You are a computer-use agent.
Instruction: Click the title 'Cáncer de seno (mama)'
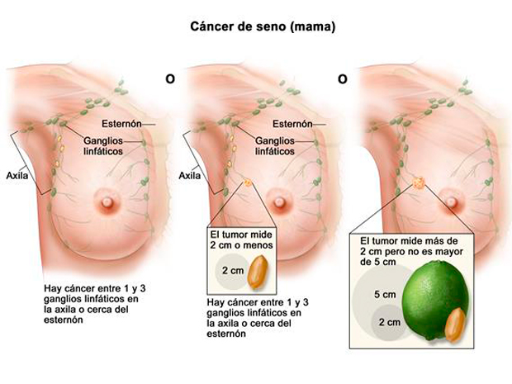pos(263,26)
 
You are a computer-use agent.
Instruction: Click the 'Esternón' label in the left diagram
pos(121,124)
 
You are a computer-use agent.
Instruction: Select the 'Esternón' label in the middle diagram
pos(292,124)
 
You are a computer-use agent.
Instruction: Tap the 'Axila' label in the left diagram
pos(17,176)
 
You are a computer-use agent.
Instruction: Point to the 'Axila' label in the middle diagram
pos(189,176)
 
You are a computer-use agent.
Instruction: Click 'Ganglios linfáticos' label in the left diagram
pos(103,146)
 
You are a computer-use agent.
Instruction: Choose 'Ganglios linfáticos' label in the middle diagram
pos(275,146)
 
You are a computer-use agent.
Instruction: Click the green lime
pos(435,301)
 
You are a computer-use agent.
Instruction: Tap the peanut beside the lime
pos(455,325)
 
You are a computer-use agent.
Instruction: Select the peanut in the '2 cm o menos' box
pos(258,272)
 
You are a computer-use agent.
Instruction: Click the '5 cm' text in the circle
pos(385,295)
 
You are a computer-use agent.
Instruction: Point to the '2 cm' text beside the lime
pos(390,322)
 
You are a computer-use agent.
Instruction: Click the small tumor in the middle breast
pos(249,183)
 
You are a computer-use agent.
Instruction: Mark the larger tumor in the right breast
pos(419,183)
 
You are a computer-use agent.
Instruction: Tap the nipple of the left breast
pos(107,202)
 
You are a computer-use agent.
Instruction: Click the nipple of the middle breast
pos(279,202)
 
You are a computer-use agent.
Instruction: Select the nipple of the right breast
pos(451,202)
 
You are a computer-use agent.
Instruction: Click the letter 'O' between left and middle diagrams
pos(170,79)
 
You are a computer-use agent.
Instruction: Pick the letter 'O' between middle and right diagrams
pos(342,79)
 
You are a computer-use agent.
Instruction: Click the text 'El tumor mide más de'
pos(409,241)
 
